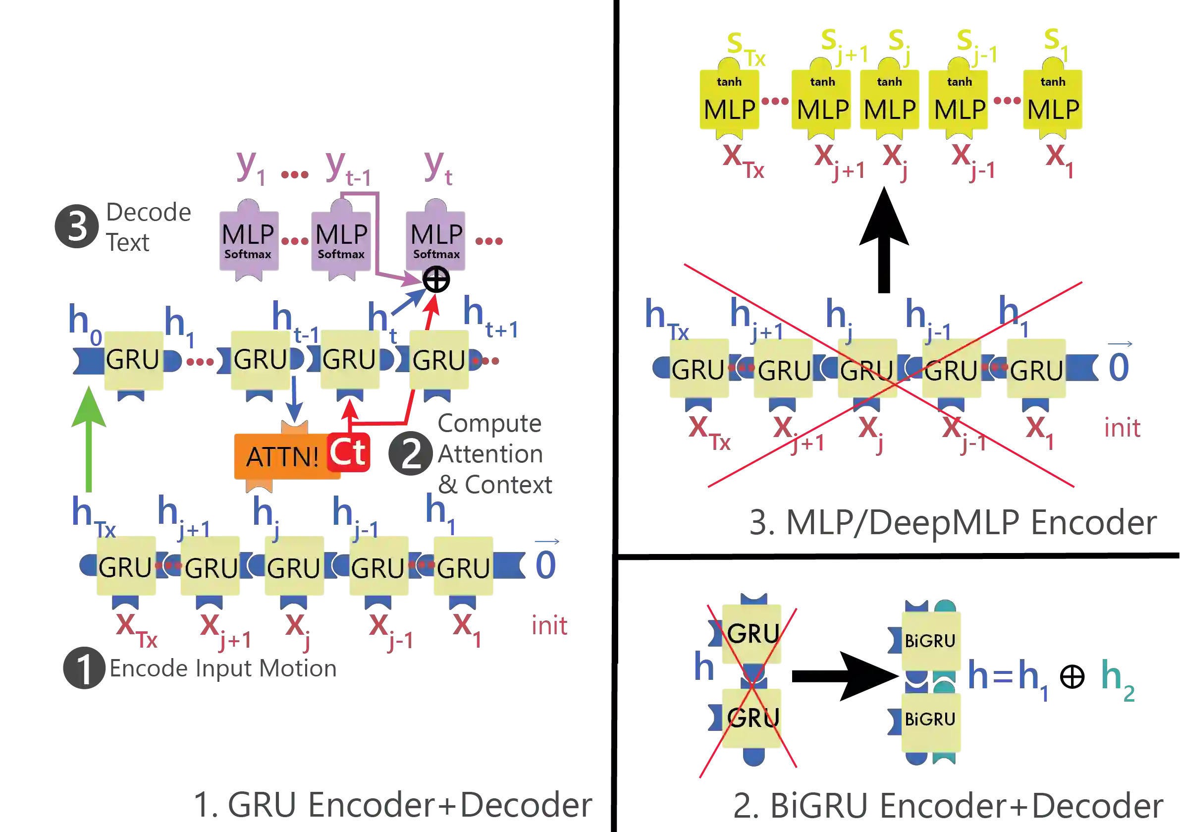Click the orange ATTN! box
[282, 456]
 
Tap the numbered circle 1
[83, 668]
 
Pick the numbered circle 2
[411, 452]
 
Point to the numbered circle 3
[76, 226]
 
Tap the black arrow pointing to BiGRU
[843, 676]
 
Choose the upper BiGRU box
[930, 640]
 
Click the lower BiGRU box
[930, 719]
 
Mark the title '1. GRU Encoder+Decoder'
[394, 805]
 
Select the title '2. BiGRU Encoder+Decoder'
[948, 806]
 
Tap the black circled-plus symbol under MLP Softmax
[437, 280]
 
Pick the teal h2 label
[1118, 679]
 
